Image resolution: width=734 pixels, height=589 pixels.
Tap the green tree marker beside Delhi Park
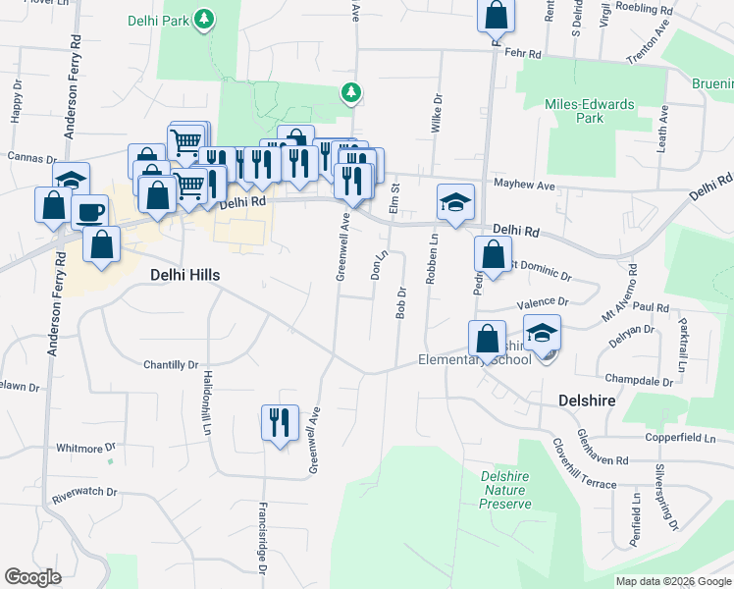204,19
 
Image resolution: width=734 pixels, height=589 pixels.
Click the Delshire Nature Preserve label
505,490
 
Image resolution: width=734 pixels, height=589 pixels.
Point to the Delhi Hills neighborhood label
183,276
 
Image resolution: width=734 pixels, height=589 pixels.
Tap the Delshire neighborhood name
587,401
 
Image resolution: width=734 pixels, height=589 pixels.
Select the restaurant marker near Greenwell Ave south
280,423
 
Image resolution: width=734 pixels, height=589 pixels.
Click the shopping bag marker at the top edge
497,16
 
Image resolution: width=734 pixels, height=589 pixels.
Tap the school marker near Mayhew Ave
455,202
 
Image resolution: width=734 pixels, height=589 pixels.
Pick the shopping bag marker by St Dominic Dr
492,256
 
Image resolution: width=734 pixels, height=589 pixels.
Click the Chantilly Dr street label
172,365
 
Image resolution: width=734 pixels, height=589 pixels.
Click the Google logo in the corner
32,577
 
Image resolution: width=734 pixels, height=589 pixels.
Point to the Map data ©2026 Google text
673,581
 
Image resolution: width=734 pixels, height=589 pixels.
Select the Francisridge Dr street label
262,537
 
